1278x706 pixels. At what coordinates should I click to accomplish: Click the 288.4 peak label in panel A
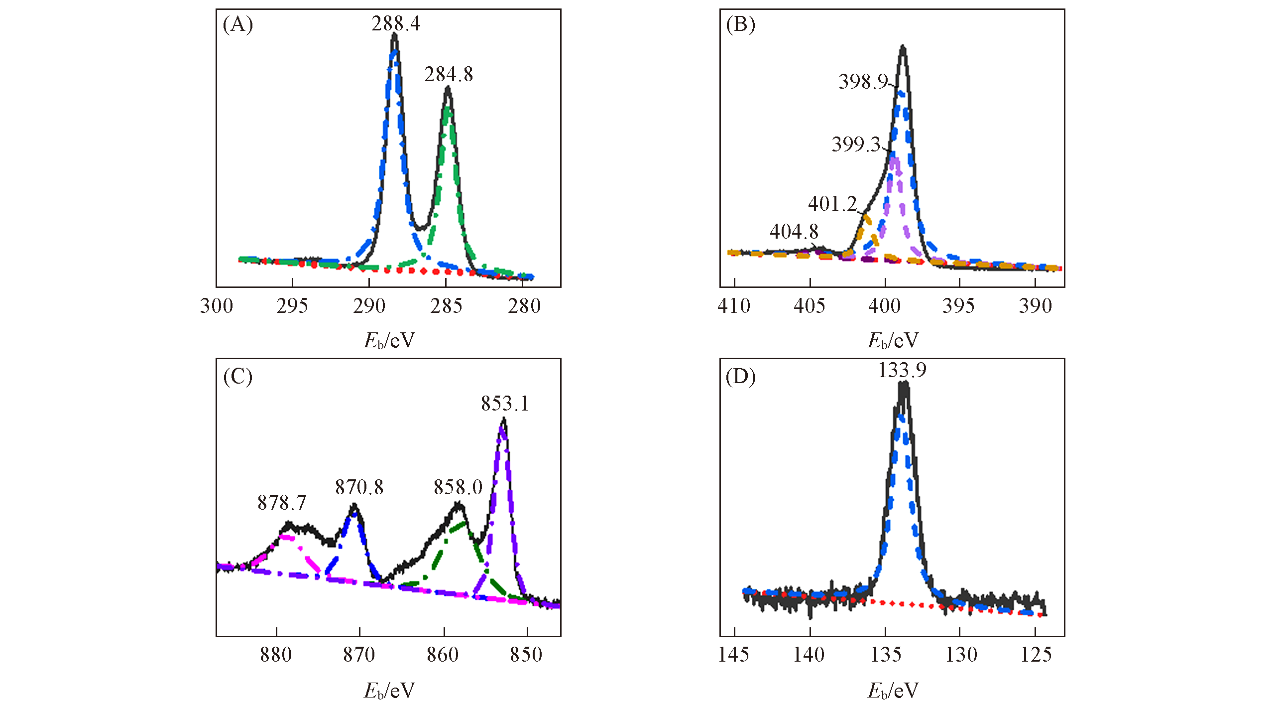(x=396, y=24)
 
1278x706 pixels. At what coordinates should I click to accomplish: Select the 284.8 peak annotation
(x=449, y=75)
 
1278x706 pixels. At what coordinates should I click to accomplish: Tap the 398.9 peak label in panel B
(x=863, y=82)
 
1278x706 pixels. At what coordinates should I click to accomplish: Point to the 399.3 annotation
(x=856, y=144)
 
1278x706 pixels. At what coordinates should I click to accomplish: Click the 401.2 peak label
(x=832, y=204)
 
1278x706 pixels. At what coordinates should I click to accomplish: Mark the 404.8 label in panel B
(x=794, y=232)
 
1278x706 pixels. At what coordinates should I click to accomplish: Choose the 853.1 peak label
(x=504, y=404)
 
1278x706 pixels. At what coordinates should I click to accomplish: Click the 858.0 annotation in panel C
(x=458, y=487)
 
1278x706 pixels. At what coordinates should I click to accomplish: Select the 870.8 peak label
(x=359, y=487)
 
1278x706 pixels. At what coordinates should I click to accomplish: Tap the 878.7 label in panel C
(x=281, y=503)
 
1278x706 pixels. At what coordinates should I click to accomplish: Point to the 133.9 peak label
(x=902, y=370)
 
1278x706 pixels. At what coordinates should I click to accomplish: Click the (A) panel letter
(x=238, y=24)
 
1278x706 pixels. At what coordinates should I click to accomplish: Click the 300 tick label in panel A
(x=217, y=306)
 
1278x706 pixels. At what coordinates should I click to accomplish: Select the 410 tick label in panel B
(x=734, y=306)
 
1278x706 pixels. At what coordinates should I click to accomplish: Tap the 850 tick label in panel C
(x=526, y=655)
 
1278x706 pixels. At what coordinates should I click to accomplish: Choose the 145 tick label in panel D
(x=734, y=655)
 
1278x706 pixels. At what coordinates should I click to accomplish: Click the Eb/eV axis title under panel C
(x=389, y=691)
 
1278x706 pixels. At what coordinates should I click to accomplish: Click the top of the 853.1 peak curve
(x=504, y=420)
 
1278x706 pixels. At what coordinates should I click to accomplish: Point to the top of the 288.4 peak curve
(x=395, y=35)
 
